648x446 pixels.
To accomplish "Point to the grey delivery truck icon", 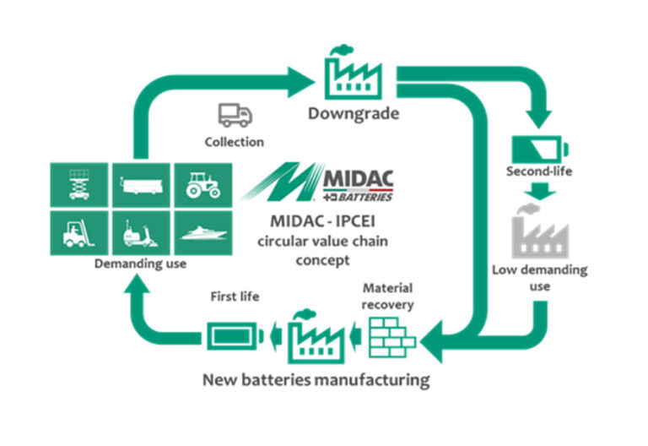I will [234, 115].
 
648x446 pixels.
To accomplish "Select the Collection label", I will [234, 141].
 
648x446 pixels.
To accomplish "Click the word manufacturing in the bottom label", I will [371, 379].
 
